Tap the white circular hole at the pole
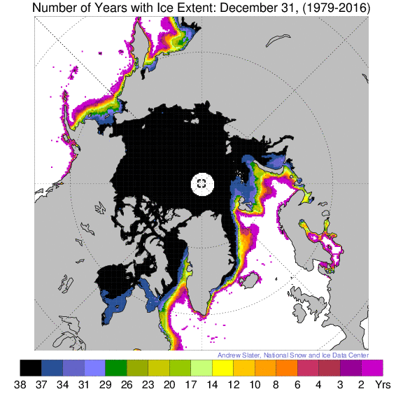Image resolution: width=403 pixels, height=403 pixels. coord(201,183)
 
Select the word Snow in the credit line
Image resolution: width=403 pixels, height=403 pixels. coord(309,354)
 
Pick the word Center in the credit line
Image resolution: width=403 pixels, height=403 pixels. coord(358,354)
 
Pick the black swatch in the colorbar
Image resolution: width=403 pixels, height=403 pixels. coord(30,367)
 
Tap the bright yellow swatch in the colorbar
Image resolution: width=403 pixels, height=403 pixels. coord(223,367)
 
